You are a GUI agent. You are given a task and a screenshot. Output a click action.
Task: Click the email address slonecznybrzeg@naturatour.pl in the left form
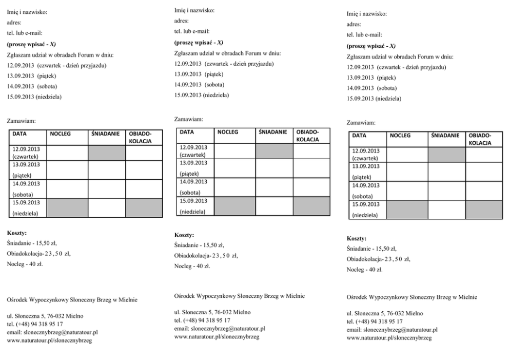click(52, 332)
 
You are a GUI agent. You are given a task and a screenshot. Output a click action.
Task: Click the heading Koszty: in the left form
click(17, 233)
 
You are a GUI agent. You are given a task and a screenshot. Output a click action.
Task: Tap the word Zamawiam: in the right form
click(361, 122)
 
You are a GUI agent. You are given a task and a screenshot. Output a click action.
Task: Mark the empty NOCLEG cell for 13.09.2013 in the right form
click(407, 172)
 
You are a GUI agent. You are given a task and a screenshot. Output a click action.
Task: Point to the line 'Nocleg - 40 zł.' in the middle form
click(192, 266)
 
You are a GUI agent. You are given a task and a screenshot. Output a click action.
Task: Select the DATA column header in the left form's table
click(20, 134)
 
